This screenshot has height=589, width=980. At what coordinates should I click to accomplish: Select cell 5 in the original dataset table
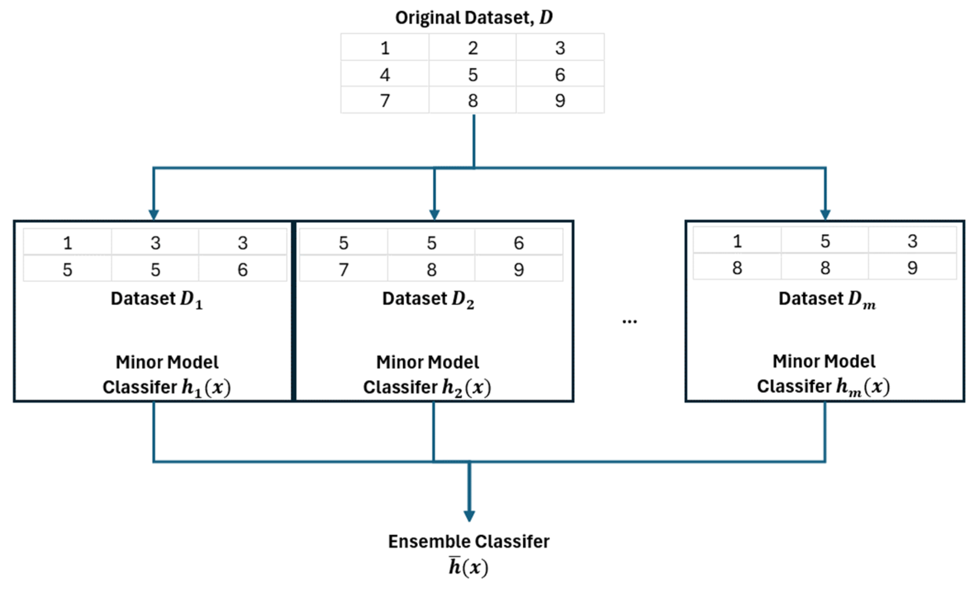pos(473,75)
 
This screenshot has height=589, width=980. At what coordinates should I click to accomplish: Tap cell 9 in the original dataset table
pos(560,100)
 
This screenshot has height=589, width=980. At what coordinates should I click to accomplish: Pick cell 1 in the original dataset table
pos(385,48)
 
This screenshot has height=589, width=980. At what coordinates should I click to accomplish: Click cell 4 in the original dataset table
pos(385,75)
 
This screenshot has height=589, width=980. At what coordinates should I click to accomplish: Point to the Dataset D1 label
pos(156,299)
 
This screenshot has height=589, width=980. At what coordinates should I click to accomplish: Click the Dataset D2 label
pos(428,299)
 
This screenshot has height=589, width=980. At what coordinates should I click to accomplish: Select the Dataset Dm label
pos(827,299)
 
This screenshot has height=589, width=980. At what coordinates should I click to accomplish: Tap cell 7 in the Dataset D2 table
pos(343,270)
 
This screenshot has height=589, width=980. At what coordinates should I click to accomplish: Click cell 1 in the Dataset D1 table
pos(67,243)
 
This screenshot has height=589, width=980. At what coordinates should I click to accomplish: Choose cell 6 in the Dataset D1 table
pos(243,270)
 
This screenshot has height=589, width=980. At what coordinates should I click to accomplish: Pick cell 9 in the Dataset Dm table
pos(912,268)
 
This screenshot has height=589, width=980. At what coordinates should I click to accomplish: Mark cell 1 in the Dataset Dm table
pos(737,241)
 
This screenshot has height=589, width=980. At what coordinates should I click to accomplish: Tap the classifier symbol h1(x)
pos(206,387)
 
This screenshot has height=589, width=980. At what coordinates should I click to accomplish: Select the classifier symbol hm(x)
pos(863,386)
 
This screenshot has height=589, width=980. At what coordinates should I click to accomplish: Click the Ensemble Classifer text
pos(468,541)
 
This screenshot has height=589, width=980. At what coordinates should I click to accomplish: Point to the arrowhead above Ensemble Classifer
pos(469,516)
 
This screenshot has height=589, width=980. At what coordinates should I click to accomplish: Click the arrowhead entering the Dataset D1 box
pos(154,214)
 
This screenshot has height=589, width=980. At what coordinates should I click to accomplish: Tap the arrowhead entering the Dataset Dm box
pos(825,214)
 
